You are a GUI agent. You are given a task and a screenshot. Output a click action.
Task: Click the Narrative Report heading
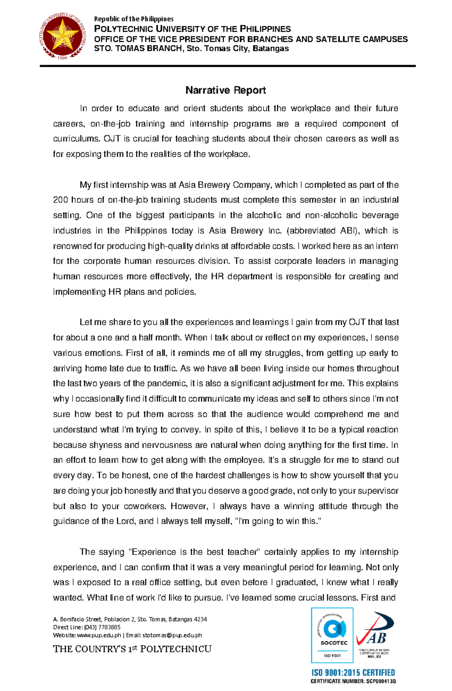(x=226, y=90)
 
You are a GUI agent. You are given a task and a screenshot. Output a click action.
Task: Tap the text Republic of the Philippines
(x=134, y=19)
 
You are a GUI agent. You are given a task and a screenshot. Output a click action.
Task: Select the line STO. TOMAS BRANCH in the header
(x=191, y=49)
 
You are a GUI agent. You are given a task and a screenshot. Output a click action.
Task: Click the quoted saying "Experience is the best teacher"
(x=194, y=552)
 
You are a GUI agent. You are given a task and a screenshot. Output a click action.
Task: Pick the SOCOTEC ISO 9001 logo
(x=332, y=635)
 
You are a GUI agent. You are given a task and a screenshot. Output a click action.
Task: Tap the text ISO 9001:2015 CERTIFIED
(x=353, y=673)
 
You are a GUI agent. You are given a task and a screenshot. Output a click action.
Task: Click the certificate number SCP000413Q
(x=380, y=681)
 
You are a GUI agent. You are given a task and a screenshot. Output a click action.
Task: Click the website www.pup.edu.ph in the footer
(x=99, y=635)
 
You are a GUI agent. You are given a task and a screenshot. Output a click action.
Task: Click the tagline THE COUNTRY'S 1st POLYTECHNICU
(x=132, y=649)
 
